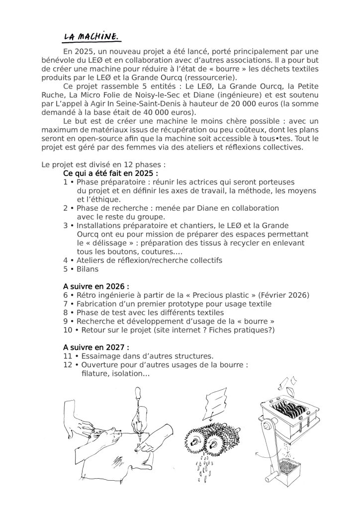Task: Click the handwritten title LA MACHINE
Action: (91, 36)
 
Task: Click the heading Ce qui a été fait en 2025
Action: (110, 173)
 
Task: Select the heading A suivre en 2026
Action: (96, 286)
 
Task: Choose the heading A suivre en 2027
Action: (96, 347)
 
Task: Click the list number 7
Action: (65, 304)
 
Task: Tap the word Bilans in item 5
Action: (88, 269)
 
